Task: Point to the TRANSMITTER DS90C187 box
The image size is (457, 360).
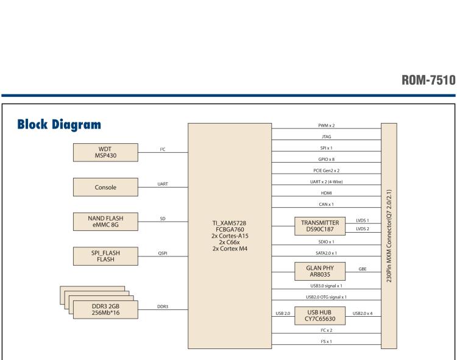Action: click(x=319, y=225)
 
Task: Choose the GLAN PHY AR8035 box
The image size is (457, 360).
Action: click(x=319, y=270)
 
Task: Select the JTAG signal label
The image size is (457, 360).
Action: click(x=327, y=137)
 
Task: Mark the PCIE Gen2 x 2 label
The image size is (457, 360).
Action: click(x=327, y=171)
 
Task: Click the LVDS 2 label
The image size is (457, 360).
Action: click(x=363, y=229)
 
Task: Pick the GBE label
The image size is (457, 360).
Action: click(x=363, y=267)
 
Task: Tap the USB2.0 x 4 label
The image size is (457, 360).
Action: click(x=363, y=313)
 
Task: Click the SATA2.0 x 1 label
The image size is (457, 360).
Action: click(x=327, y=252)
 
